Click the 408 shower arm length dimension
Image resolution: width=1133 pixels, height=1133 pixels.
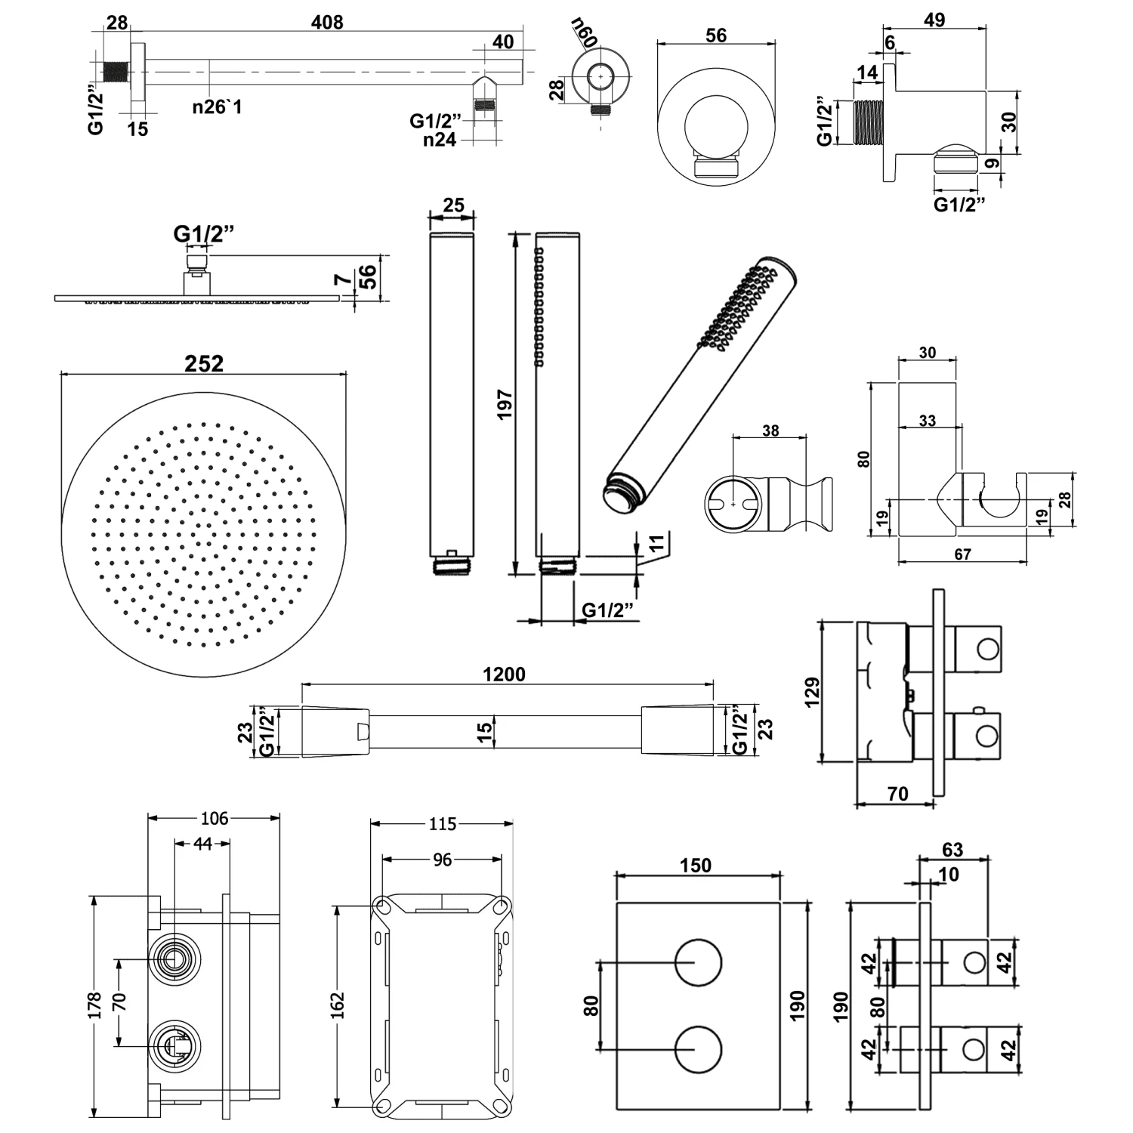[x=327, y=23]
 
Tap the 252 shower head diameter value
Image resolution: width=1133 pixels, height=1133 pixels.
[x=204, y=363]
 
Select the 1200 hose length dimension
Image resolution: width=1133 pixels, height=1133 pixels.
[x=504, y=674]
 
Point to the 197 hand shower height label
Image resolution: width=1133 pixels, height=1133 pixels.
[x=505, y=404]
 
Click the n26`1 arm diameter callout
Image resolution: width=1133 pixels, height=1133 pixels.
[x=217, y=107]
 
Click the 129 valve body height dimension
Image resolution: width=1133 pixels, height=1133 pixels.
[x=812, y=692]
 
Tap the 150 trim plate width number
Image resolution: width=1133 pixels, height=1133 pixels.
[x=695, y=865]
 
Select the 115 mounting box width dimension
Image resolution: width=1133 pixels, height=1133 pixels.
[x=442, y=823]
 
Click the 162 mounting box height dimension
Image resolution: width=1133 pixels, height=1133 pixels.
[x=337, y=1005]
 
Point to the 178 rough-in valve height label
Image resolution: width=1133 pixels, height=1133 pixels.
[x=94, y=1006]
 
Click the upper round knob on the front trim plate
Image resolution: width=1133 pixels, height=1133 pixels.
[x=698, y=962]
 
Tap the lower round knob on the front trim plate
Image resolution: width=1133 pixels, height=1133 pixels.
[x=698, y=1049]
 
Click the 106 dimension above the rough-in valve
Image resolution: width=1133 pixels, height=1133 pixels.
[x=215, y=818]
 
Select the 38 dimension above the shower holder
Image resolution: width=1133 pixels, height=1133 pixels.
[x=770, y=431]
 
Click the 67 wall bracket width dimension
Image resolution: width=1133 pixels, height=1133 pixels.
[x=962, y=554]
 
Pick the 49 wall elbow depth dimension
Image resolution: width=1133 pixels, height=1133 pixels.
[x=934, y=20]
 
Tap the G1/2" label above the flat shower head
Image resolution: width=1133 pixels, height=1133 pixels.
[x=203, y=233]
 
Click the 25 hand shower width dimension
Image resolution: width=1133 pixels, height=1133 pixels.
[x=453, y=205]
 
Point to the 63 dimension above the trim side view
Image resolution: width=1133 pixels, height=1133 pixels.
[x=952, y=850]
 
